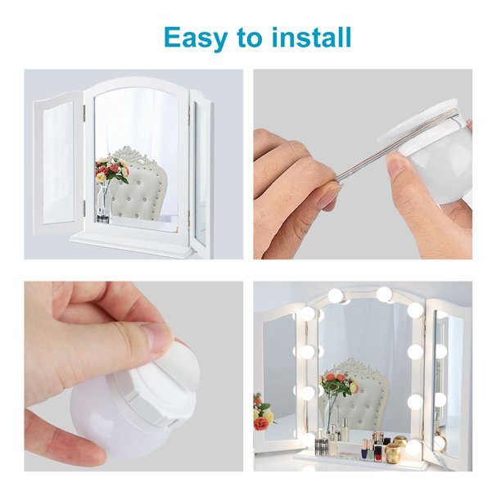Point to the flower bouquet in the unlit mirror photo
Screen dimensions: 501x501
coord(111,172)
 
